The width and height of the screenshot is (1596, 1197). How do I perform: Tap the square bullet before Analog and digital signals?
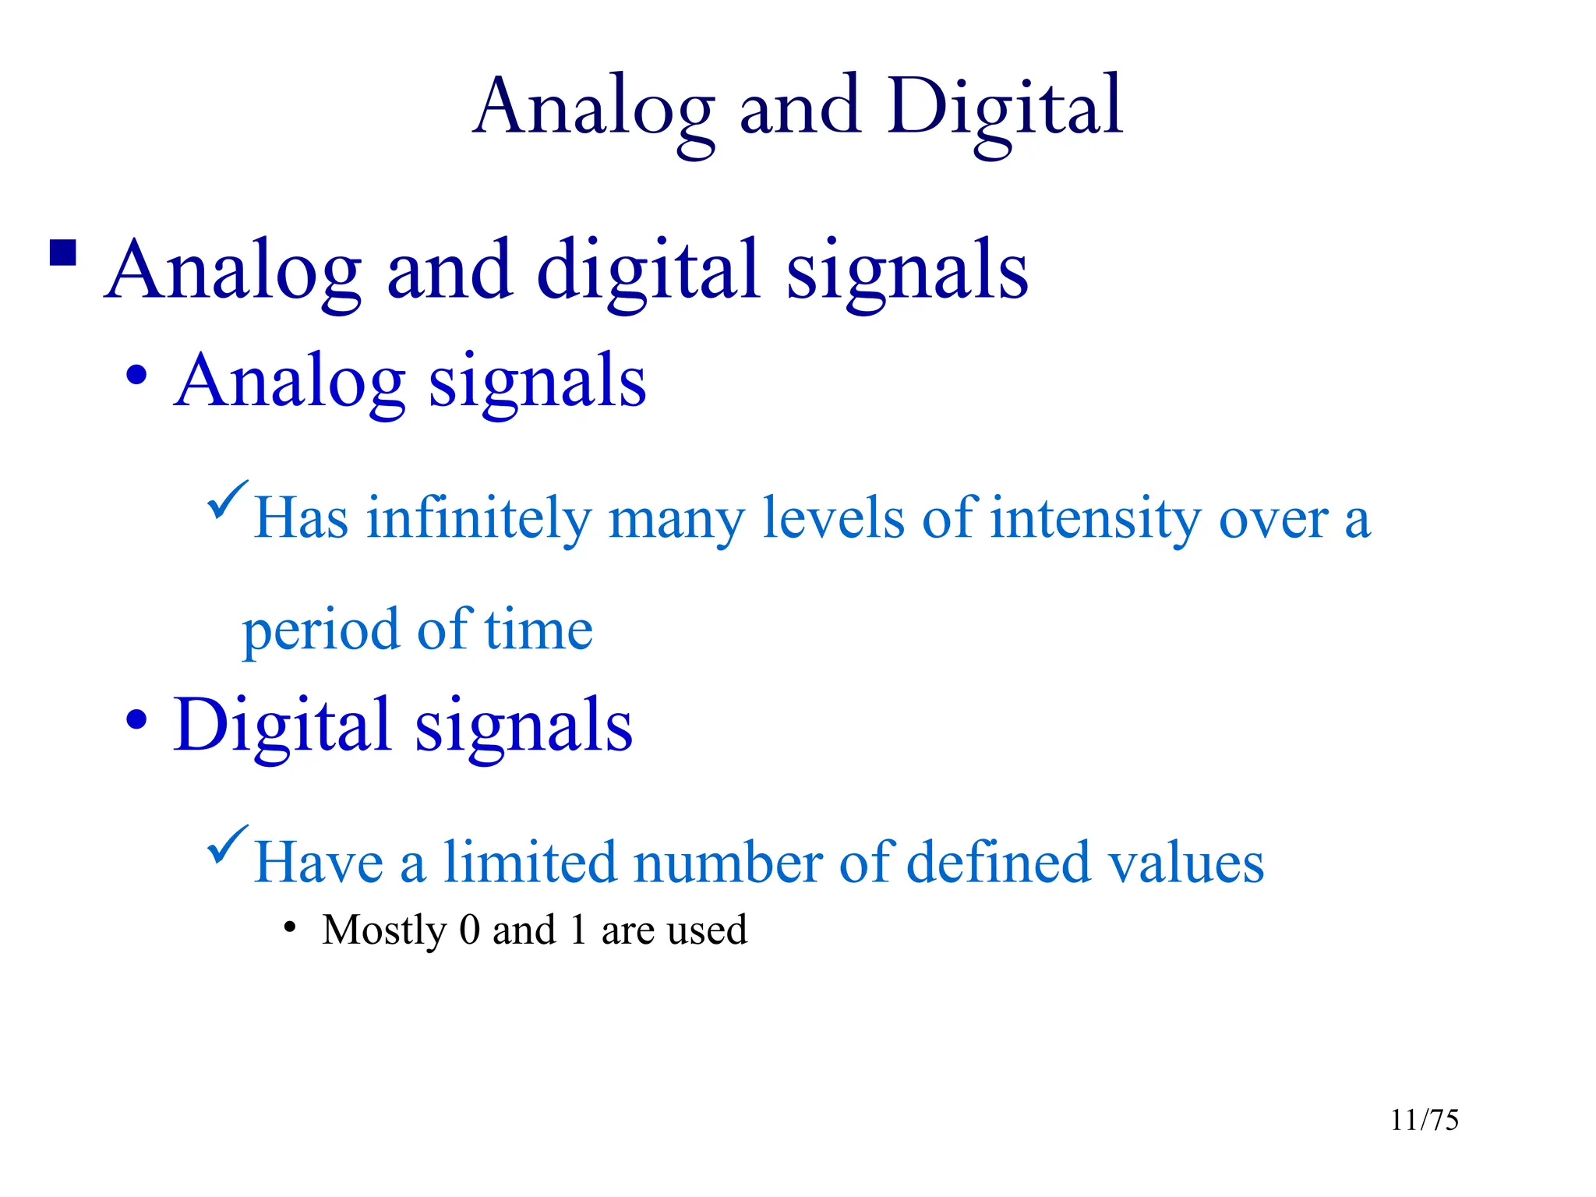(63, 252)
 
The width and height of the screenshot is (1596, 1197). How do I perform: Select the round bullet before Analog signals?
(136, 376)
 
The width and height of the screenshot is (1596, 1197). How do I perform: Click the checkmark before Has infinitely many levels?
(228, 500)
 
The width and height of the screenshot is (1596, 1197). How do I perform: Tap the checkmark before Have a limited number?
(228, 845)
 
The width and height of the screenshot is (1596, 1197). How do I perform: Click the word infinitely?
(479, 517)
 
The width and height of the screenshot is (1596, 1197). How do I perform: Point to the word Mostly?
(383, 930)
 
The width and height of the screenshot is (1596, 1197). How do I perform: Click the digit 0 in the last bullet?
(469, 929)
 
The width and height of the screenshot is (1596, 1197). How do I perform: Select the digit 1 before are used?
(577, 929)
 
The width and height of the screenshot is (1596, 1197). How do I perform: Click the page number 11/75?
(1425, 1120)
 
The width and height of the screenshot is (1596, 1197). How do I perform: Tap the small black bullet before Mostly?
(290, 927)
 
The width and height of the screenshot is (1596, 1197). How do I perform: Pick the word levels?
(833, 517)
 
